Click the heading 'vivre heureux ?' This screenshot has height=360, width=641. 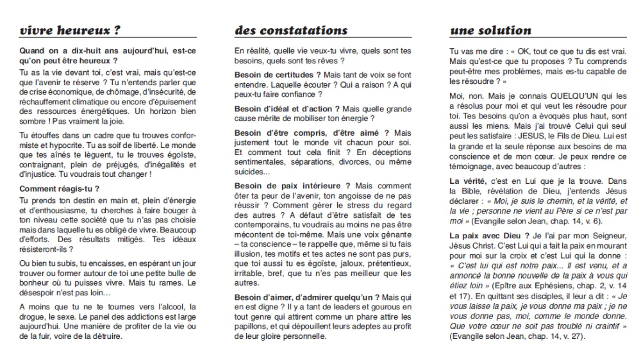pyautogui.click(x=70, y=30)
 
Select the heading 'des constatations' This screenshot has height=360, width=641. pyautogui.click(x=291, y=30)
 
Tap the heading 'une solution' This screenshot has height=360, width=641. pyautogui.click(x=490, y=30)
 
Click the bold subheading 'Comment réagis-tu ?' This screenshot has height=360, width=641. pyautogui.click(x=60, y=188)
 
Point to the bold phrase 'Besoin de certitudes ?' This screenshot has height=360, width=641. pyautogui.click(x=278, y=75)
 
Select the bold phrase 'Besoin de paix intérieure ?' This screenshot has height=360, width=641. pyautogui.click(x=286, y=185)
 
